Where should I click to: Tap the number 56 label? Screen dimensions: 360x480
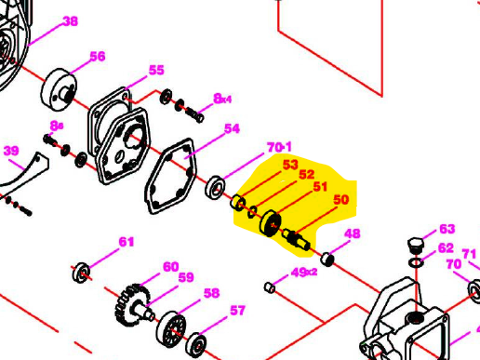[97, 56]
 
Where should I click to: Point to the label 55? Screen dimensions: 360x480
[156, 71]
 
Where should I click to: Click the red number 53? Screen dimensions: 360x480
[290, 165]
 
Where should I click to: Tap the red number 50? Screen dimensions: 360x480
[340, 200]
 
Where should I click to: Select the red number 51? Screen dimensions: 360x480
[321, 187]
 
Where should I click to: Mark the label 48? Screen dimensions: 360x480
[353, 233]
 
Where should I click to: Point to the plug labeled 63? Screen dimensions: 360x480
[416, 246]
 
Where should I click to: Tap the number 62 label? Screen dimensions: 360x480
[446, 248]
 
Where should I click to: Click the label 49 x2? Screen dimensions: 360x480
[303, 273]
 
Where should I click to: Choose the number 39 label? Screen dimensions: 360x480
[11, 151]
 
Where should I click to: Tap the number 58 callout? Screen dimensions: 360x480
[211, 293]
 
